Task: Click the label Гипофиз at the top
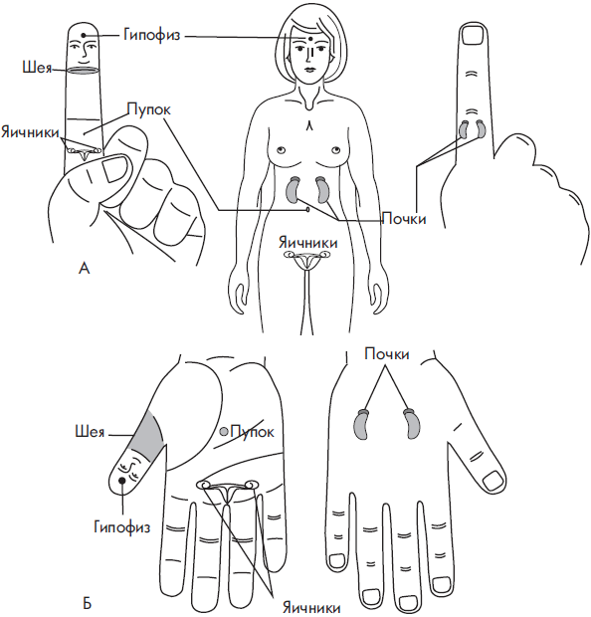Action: [x=151, y=35]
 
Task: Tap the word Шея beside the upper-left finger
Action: [x=37, y=68]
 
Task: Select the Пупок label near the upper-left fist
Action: [x=148, y=109]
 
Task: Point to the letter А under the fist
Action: [x=85, y=269]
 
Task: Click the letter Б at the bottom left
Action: [x=88, y=604]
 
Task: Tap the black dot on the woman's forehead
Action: [x=311, y=39]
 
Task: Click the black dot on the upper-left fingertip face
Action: [x=84, y=36]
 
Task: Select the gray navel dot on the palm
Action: [x=224, y=432]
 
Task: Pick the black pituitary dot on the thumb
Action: [x=122, y=480]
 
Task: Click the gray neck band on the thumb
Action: [x=147, y=435]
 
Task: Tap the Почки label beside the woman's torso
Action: [x=404, y=218]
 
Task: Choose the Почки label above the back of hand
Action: [x=387, y=354]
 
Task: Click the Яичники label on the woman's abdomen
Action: [x=308, y=243]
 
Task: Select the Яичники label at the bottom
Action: [x=311, y=608]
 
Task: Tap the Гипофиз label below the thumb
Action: [x=122, y=526]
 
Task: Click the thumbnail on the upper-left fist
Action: [x=114, y=167]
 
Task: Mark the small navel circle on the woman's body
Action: [x=307, y=210]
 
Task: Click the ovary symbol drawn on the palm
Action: [x=228, y=490]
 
